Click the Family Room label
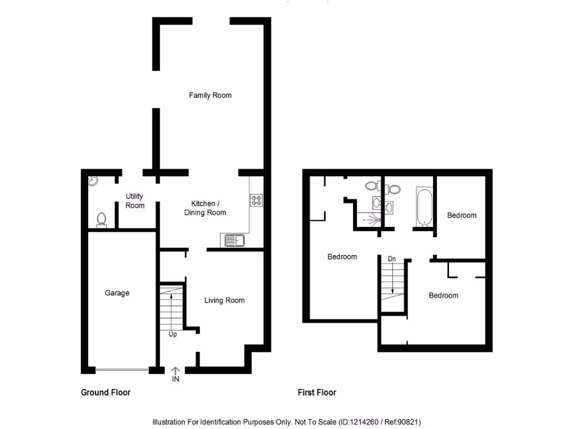(210, 96)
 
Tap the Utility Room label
(135, 201)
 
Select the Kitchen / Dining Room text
(205, 208)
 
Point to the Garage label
(117, 293)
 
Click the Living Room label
(224, 301)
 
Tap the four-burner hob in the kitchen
(257, 199)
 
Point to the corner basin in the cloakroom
(93, 180)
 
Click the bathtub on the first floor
(424, 206)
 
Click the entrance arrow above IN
(175, 370)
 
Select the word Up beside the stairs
(173, 335)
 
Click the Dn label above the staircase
(392, 259)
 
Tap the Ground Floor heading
(106, 393)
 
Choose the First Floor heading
(317, 393)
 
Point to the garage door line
(122, 369)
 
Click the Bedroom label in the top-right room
(462, 215)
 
